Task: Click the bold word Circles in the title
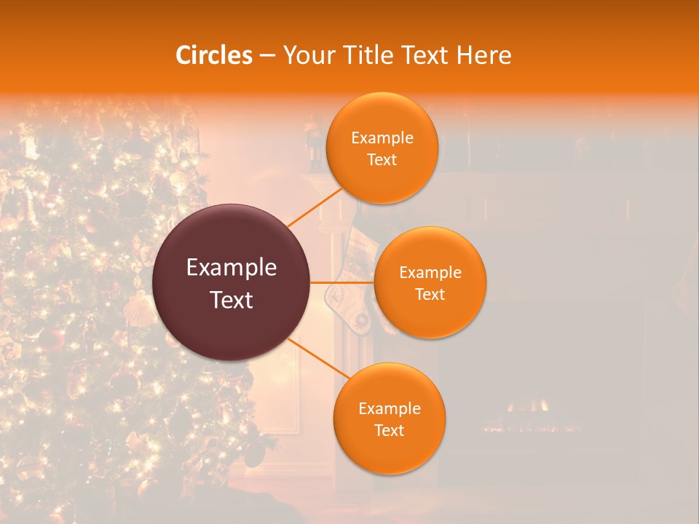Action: point(214,55)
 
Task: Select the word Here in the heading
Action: point(484,55)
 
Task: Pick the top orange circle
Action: point(382,178)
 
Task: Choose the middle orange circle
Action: point(430,313)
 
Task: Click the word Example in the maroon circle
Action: point(232,268)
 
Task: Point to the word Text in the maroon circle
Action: point(232,300)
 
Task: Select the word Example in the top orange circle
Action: point(382,138)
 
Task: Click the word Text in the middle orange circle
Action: point(430,295)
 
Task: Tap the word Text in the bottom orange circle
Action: point(389,431)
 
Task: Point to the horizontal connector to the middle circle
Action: point(342,282)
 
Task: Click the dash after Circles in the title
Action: point(267,56)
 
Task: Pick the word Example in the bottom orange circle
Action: point(390,409)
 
